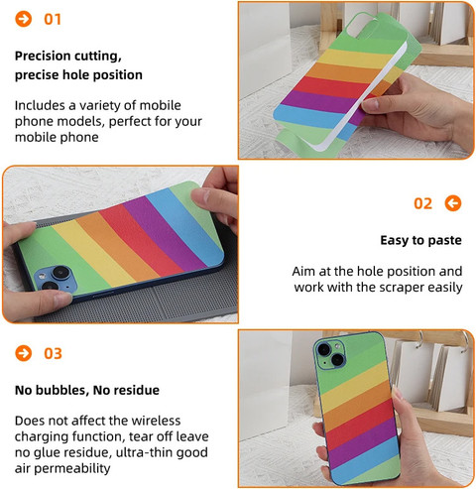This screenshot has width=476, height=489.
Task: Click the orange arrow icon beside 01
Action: (24, 19)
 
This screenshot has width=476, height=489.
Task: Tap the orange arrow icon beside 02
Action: (453, 203)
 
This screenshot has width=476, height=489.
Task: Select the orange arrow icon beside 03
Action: (24, 353)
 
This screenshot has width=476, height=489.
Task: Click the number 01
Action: (53, 19)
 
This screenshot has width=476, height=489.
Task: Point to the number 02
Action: (423, 203)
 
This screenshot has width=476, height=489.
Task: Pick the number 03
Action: (53, 353)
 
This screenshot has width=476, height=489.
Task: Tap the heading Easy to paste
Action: (420, 240)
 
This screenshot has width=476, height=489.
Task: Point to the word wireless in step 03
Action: (156, 421)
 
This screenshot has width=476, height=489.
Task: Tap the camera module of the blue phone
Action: (56, 279)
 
